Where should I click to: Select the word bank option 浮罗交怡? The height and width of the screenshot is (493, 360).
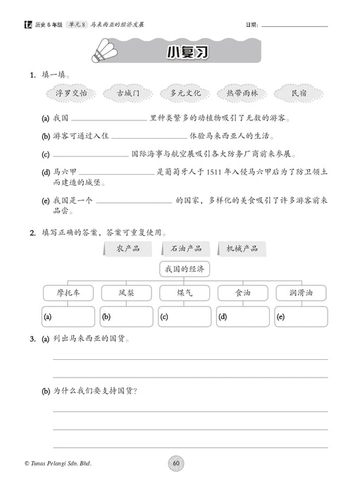71,93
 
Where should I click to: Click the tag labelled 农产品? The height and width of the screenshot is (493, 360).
128,248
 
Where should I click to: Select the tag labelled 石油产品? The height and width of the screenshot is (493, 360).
185,248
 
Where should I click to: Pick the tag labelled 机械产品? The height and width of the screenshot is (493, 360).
242,248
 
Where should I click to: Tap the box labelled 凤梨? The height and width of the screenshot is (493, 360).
127,293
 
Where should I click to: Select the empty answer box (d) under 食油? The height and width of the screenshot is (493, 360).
242,317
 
